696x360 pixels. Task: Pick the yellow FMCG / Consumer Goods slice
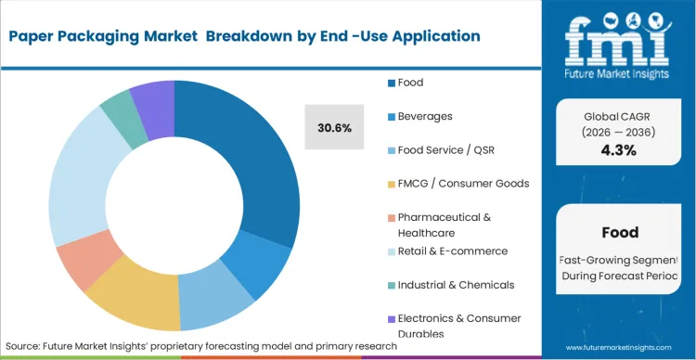[139, 291]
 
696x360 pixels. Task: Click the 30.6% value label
[334, 128]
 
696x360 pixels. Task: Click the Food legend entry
[410, 83]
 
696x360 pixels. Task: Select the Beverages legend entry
[424, 116]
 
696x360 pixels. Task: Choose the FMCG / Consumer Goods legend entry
[463, 183]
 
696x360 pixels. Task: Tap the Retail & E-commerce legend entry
[452, 251]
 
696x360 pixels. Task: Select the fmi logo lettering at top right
[618, 37]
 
